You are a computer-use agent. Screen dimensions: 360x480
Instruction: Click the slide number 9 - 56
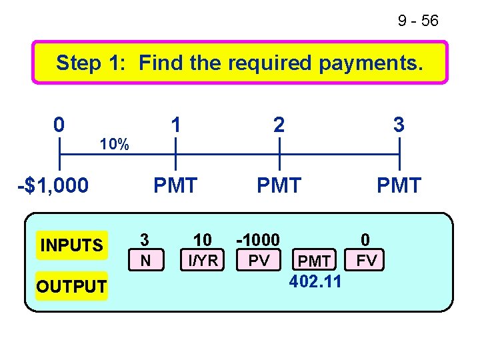(x=418, y=21)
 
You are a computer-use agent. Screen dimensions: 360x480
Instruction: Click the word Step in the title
(x=79, y=63)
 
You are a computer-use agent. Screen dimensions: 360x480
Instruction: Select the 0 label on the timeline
(x=59, y=125)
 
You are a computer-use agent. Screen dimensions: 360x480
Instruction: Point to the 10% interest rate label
(x=114, y=144)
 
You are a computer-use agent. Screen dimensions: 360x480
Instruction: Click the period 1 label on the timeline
(x=175, y=125)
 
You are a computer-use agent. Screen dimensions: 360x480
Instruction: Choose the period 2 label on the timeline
(x=279, y=125)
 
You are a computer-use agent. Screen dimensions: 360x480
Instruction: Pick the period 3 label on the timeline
(x=399, y=125)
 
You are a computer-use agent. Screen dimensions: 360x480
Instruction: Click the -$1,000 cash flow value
(x=53, y=185)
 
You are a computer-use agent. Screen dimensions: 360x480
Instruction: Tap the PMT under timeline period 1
(x=175, y=185)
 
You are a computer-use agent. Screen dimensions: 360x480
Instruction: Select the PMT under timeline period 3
(x=399, y=185)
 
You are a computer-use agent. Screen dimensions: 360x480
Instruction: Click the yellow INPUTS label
(x=71, y=245)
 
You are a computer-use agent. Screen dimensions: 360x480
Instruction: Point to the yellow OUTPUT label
(x=71, y=287)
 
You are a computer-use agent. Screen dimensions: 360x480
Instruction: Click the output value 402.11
(x=315, y=281)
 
